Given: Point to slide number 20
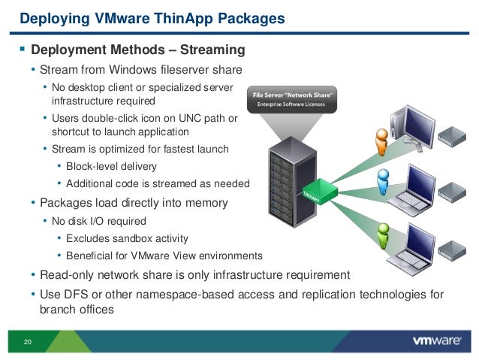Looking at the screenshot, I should pos(28,343).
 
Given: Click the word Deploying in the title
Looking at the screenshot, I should pos(49,15).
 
